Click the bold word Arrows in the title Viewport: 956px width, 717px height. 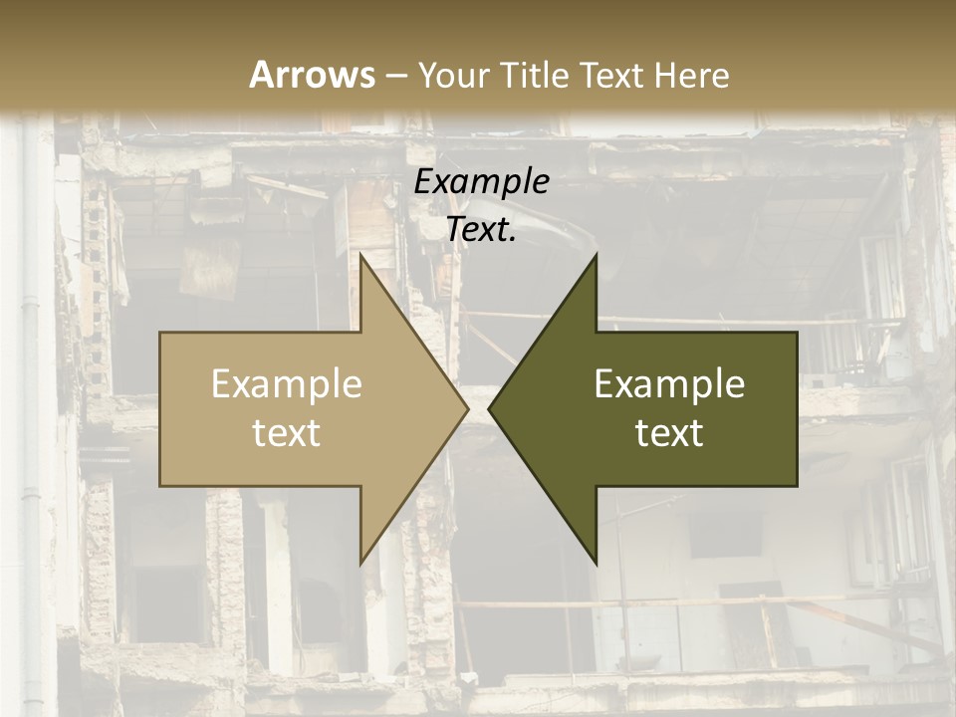pos(312,75)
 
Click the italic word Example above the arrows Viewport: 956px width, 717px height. pos(481,182)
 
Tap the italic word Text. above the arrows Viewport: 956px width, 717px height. pos(481,230)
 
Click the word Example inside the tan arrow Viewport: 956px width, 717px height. pos(286,384)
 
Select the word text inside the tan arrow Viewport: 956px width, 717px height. pos(286,433)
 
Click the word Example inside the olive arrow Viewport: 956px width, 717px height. pos(669,384)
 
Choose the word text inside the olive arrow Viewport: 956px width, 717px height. pos(669,433)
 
